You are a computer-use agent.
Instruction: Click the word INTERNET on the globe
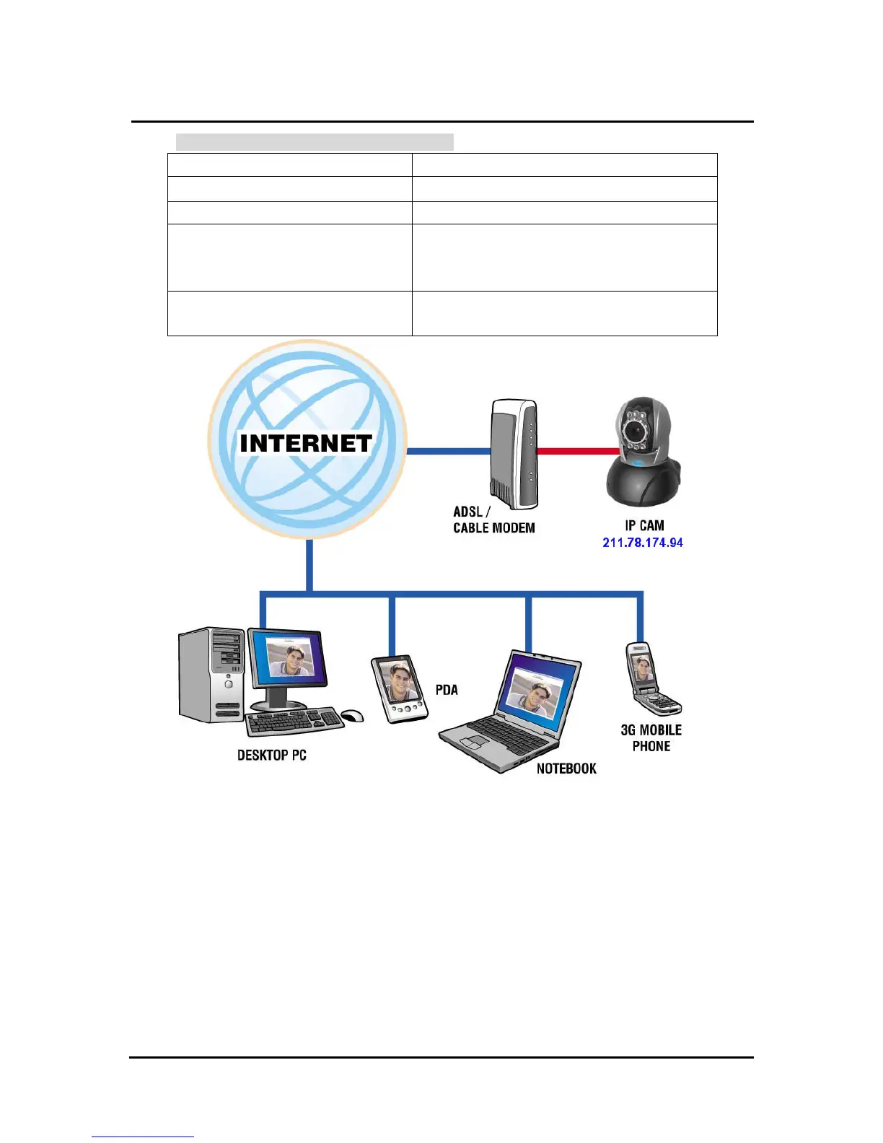point(306,443)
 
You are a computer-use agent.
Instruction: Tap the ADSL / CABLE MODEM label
point(493,520)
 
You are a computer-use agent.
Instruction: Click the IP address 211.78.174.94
point(642,543)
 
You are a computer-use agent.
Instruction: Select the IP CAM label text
point(644,525)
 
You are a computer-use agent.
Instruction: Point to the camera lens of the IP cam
point(635,431)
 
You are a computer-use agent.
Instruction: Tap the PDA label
point(447,690)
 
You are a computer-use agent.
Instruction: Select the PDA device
point(399,688)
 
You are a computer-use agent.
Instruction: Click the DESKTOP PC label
point(272,756)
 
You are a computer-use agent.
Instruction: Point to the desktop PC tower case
point(211,674)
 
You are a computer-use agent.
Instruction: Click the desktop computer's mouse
point(352,716)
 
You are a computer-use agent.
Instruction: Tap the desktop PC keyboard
point(294,721)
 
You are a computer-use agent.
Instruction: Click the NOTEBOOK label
point(566,768)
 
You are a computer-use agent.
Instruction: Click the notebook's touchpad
point(473,741)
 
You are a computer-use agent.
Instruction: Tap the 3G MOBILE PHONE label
point(651,737)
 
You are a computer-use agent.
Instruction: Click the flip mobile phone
point(649,678)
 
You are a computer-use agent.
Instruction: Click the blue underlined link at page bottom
point(143,1136)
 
